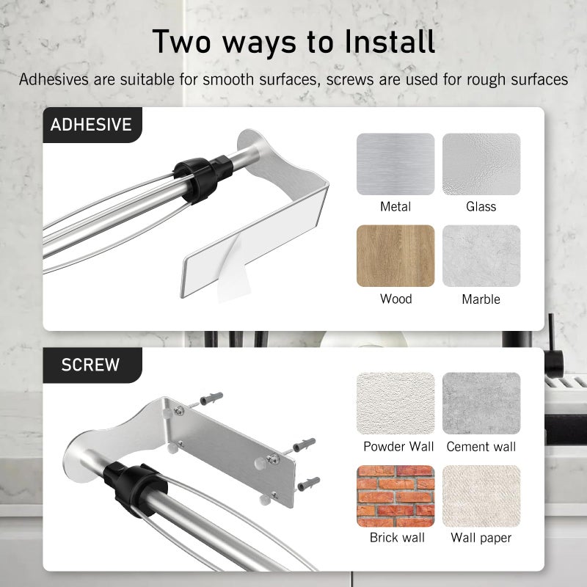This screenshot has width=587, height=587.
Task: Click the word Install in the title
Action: (x=390, y=41)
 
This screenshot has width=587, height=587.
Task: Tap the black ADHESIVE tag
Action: (x=92, y=125)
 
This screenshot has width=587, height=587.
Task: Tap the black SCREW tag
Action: (x=92, y=365)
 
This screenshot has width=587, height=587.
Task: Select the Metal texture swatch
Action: (x=395, y=164)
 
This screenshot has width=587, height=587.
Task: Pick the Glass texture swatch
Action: (x=481, y=164)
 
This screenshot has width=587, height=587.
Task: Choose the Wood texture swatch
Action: (x=395, y=255)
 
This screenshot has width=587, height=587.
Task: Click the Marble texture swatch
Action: (x=481, y=255)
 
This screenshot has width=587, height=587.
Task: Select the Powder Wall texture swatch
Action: (x=395, y=403)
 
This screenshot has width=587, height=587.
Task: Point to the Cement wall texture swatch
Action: (x=481, y=403)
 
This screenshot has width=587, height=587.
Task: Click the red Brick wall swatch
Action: (x=395, y=496)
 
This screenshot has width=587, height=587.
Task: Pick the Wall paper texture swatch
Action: (x=481, y=496)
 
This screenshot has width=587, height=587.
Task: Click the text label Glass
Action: (x=481, y=206)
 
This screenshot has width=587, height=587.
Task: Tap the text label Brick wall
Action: (x=397, y=538)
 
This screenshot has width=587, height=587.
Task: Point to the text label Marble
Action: (x=481, y=299)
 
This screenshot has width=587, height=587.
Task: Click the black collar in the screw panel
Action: (x=134, y=487)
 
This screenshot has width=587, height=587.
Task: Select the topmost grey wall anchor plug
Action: (x=211, y=398)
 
